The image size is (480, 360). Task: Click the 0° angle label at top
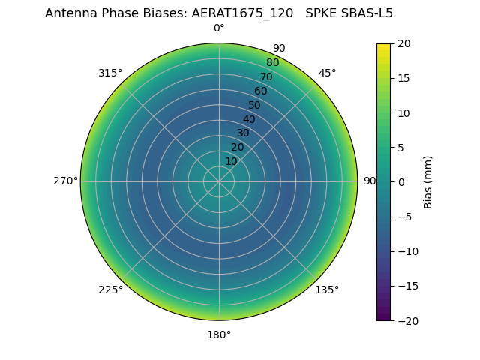coord(219,28)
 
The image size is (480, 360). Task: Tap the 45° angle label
coord(327,73)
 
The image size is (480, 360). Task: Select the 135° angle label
coord(327,289)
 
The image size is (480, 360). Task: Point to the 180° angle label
coord(219,334)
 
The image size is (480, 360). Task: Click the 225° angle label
coord(110,289)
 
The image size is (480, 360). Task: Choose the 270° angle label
coord(65,181)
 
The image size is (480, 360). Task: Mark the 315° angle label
coord(110,73)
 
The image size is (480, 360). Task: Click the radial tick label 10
coord(231,161)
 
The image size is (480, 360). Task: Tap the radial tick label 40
coord(249,119)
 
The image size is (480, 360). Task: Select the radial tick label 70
coord(266,77)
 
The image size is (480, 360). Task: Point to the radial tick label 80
coord(272,63)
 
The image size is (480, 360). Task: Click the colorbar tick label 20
coord(403,43)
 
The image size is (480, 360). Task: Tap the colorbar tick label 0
coord(400,182)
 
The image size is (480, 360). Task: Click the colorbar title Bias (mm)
coord(428,182)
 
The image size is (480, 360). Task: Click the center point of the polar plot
coord(219,181)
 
